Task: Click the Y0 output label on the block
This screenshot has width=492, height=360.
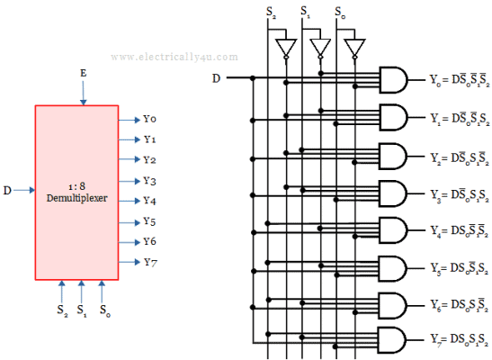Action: coord(149,119)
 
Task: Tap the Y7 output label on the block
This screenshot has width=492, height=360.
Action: coord(149,262)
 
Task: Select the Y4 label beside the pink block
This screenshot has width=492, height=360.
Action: coord(149,201)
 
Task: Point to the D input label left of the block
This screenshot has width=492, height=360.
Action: coord(8,190)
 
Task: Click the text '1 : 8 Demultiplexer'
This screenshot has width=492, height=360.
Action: coord(77,190)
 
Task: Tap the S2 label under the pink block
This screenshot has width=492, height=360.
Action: coord(60,313)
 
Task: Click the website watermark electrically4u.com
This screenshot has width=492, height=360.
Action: coord(175,56)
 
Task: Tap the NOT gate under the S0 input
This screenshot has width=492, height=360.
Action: coord(353,46)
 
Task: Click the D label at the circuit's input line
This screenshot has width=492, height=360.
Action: coord(216,78)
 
